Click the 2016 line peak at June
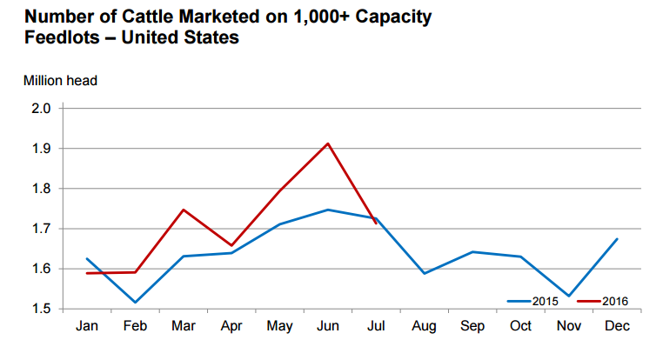click(x=327, y=143)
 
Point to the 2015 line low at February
click(x=135, y=303)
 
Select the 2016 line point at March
click(x=183, y=210)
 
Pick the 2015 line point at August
click(x=424, y=274)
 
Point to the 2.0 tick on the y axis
click(x=43, y=109)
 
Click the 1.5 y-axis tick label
click(x=43, y=309)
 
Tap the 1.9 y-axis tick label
click(x=43, y=149)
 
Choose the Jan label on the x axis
click(x=86, y=329)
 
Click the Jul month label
click(x=376, y=329)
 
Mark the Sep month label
click(x=472, y=329)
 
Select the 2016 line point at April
click(x=231, y=246)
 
